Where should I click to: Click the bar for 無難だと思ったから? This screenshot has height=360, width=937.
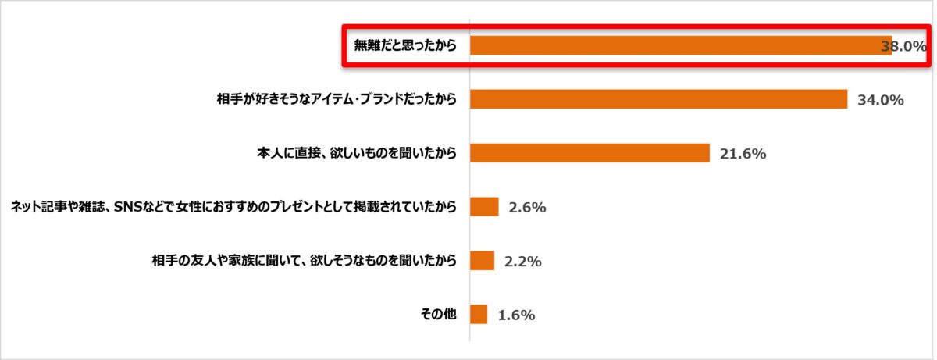pos(679,45)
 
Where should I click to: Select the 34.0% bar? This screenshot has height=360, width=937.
pos(658,99)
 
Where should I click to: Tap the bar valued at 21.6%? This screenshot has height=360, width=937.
pos(590,153)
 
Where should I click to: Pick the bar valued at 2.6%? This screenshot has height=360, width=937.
pos(484,207)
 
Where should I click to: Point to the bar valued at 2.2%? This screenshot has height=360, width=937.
pos(483,261)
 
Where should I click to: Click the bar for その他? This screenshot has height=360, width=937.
pos(479,315)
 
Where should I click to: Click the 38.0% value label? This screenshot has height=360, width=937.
pos(903,46)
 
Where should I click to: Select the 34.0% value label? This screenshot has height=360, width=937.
pos(880,100)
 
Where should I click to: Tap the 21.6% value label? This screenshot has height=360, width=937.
pos(743,154)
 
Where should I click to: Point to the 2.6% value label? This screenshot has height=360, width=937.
pos(526,208)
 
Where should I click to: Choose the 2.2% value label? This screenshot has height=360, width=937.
pos(522,262)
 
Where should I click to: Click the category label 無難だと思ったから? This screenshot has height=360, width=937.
pos(404,45)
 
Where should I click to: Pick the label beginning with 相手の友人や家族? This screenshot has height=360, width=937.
pos(304,261)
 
